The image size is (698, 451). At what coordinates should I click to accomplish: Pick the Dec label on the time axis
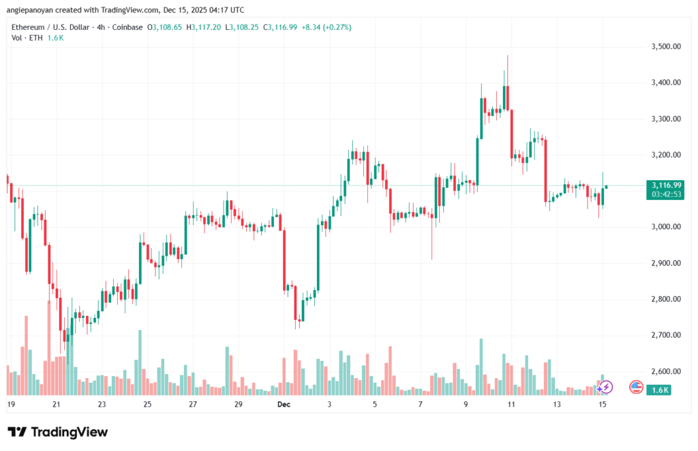point(284,404)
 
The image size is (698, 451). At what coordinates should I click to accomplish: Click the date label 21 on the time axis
point(57,404)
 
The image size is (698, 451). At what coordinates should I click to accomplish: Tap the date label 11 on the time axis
point(511,404)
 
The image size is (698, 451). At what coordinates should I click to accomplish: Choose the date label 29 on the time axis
point(238,404)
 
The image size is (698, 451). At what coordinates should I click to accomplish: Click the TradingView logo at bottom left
point(57,432)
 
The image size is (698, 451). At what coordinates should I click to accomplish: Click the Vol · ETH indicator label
point(27,38)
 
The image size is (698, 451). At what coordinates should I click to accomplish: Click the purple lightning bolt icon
point(606,387)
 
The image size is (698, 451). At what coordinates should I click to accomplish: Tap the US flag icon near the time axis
point(636,387)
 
